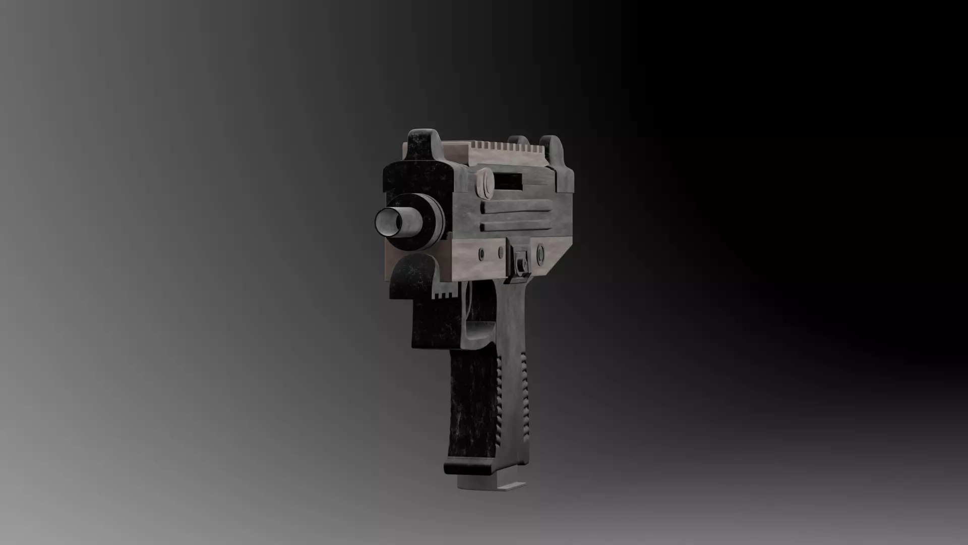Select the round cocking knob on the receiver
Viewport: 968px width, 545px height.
tap(486, 184)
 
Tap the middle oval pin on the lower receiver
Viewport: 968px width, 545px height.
tap(501, 252)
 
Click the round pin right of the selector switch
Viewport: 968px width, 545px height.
tap(540, 251)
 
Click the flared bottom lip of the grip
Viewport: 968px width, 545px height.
tap(469, 467)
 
